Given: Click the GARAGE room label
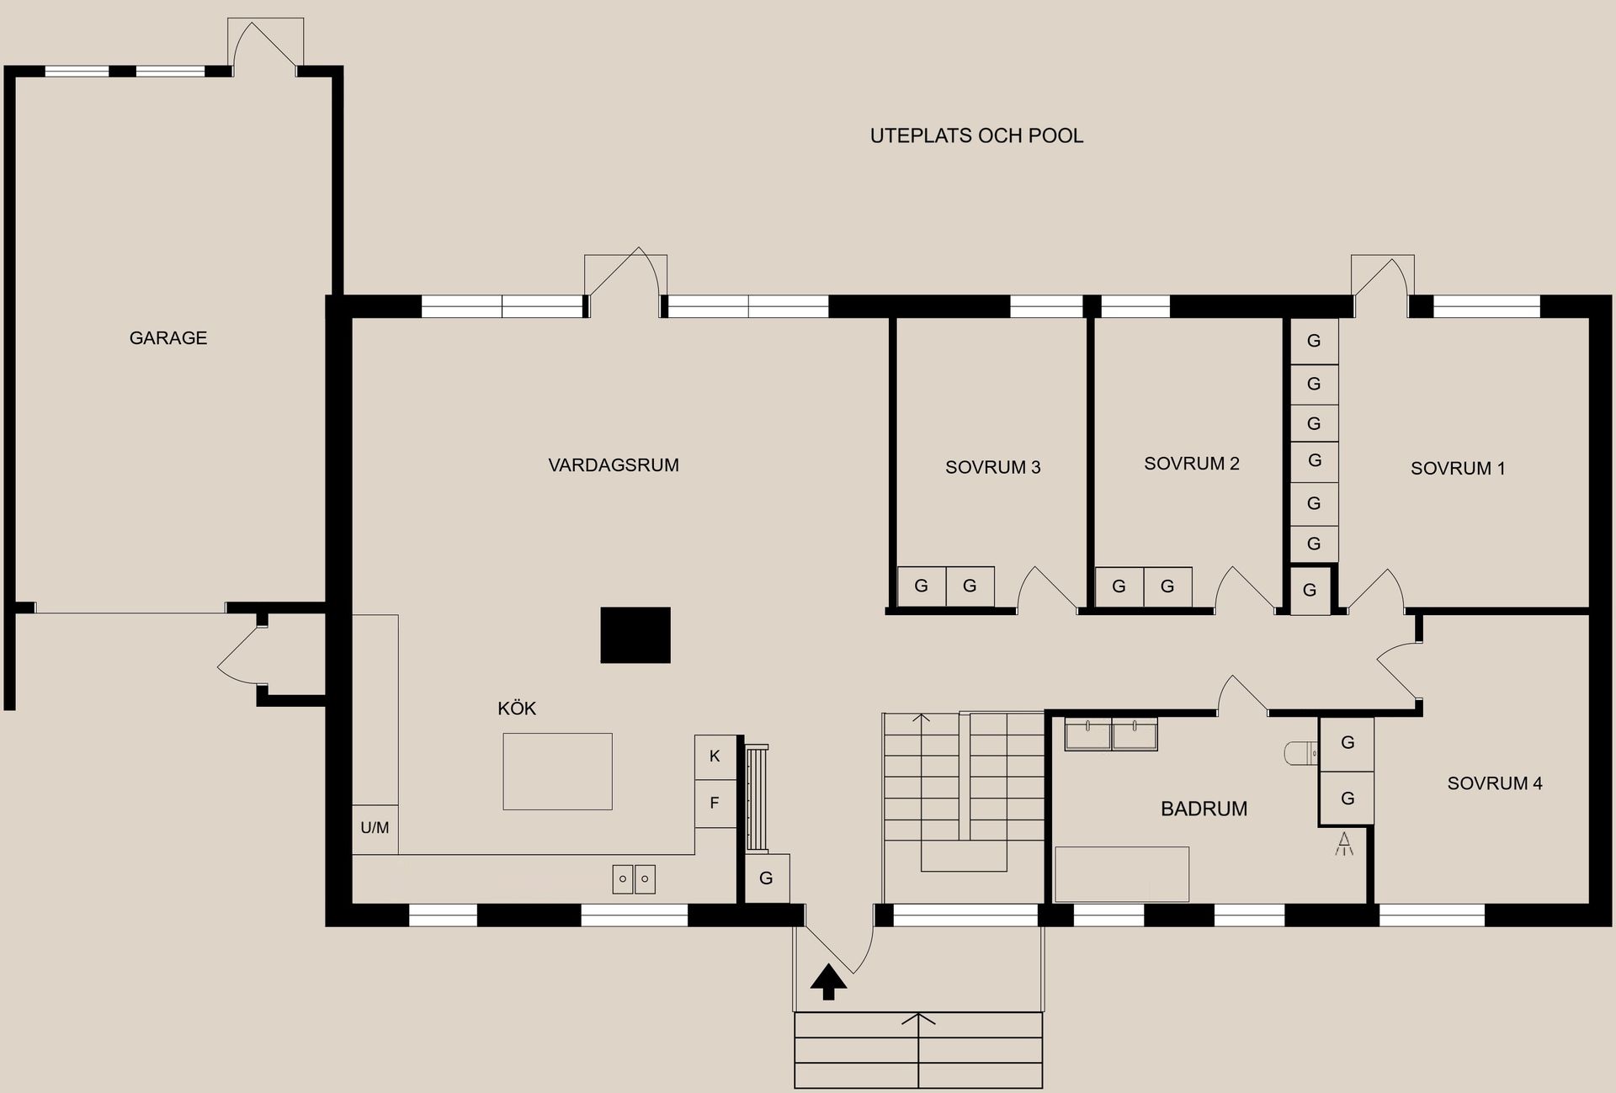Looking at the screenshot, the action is pyautogui.click(x=168, y=337).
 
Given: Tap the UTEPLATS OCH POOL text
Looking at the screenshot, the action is pyautogui.click(x=976, y=135).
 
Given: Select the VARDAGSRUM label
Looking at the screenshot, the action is pyautogui.click(x=614, y=465).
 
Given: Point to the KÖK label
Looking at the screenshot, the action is pyautogui.click(x=517, y=708).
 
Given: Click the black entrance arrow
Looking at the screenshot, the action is pyautogui.click(x=829, y=982).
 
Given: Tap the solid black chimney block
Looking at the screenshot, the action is pyautogui.click(x=635, y=635).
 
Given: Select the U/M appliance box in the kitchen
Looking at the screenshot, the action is pyautogui.click(x=375, y=829).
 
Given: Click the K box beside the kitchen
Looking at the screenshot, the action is pyautogui.click(x=715, y=756).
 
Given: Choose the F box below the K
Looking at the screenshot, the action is pyautogui.click(x=715, y=804).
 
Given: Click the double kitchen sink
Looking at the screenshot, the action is pyautogui.click(x=634, y=879).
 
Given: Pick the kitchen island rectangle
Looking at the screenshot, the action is pyautogui.click(x=557, y=772).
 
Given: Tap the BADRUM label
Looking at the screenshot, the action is pyautogui.click(x=1204, y=809).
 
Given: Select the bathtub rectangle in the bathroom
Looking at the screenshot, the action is pyautogui.click(x=1122, y=874).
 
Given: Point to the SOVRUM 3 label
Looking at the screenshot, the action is pyautogui.click(x=993, y=468).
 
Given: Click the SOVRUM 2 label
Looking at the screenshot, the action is pyautogui.click(x=1192, y=464).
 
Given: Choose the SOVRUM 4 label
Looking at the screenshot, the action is pyautogui.click(x=1495, y=783).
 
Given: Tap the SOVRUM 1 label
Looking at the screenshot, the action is pyautogui.click(x=1458, y=469).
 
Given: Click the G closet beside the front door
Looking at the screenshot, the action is pyautogui.click(x=767, y=878).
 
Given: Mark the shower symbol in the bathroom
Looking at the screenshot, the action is pyautogui.click(x=1344, y=843).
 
